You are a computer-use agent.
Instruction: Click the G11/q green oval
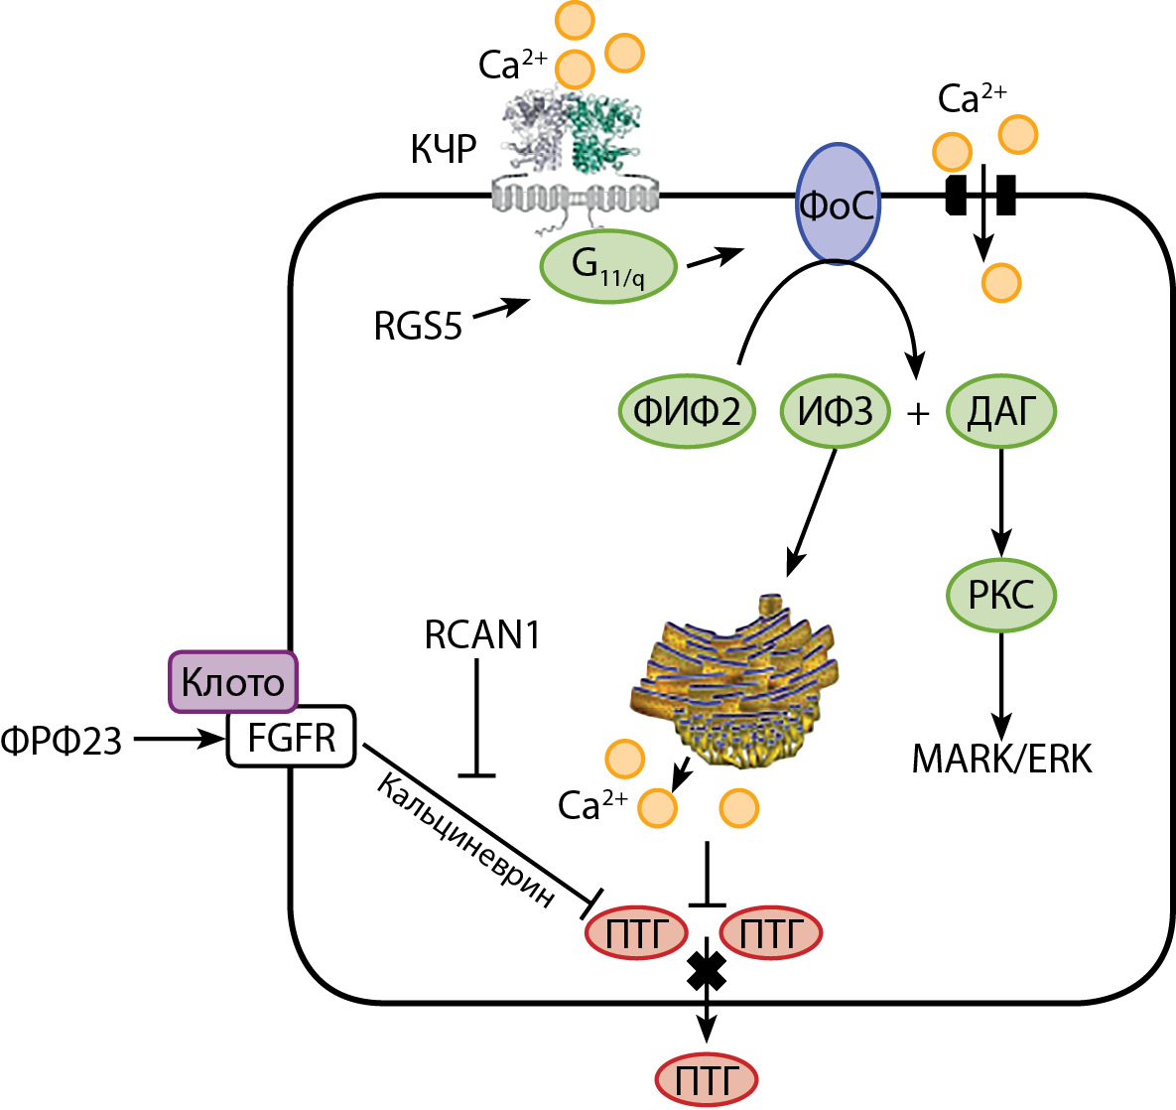coord(608,266)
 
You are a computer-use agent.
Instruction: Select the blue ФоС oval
coord(838,205)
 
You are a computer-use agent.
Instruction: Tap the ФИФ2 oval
coord(687,411)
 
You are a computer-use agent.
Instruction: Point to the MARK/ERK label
coord(1001,759)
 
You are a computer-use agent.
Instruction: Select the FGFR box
coord(291,738)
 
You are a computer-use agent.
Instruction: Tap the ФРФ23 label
coord(62,740)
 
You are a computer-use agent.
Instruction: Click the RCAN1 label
coord(482,634)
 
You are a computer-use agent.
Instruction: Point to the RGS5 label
coord(418,326)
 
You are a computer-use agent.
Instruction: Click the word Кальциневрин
coord(466,839)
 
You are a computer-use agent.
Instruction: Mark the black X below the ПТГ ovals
coord(707,970)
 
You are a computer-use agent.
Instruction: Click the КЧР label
coord(444,149)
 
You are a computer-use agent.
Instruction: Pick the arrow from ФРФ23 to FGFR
coord(179,739)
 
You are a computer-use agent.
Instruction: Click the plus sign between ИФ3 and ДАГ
coord(918,413)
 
